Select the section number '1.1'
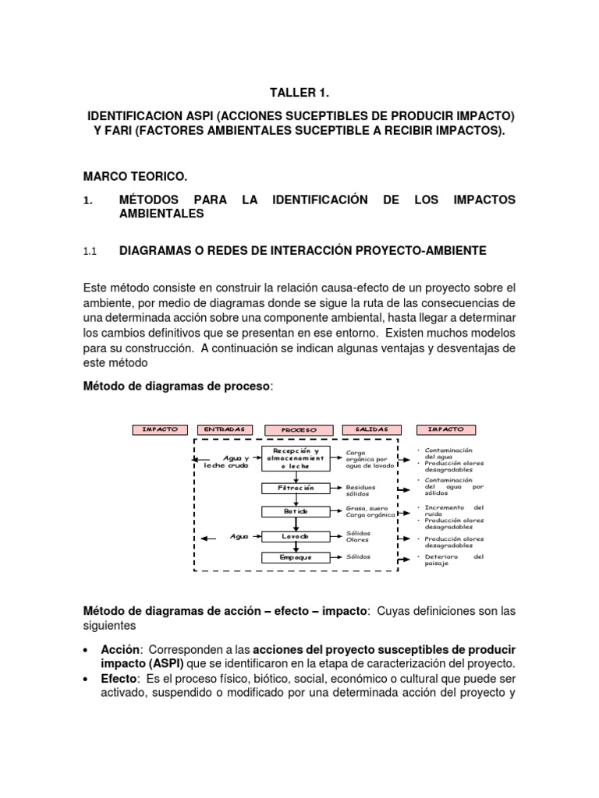click(x=89, y=251)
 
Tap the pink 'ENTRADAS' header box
click(x=225, y=429)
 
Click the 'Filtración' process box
click(x=295, y=488)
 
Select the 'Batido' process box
click(x=295, y=511)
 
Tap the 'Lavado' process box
click(x=295, y=536)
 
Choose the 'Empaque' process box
click(x=295, y=558)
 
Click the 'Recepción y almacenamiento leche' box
click(x=295, y=459)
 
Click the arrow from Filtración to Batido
click(x=295, y=500)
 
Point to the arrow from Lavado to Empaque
click(x=295, y=547)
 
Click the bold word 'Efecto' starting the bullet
click(x=119, y=679)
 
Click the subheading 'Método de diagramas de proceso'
click(x=177, y=387)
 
